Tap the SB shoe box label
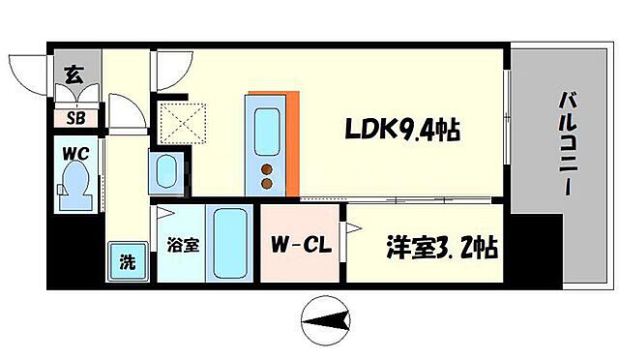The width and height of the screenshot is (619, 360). pos(74,120)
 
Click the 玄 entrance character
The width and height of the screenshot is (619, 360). pos(74,74)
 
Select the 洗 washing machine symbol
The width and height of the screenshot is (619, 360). pos(127,260)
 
